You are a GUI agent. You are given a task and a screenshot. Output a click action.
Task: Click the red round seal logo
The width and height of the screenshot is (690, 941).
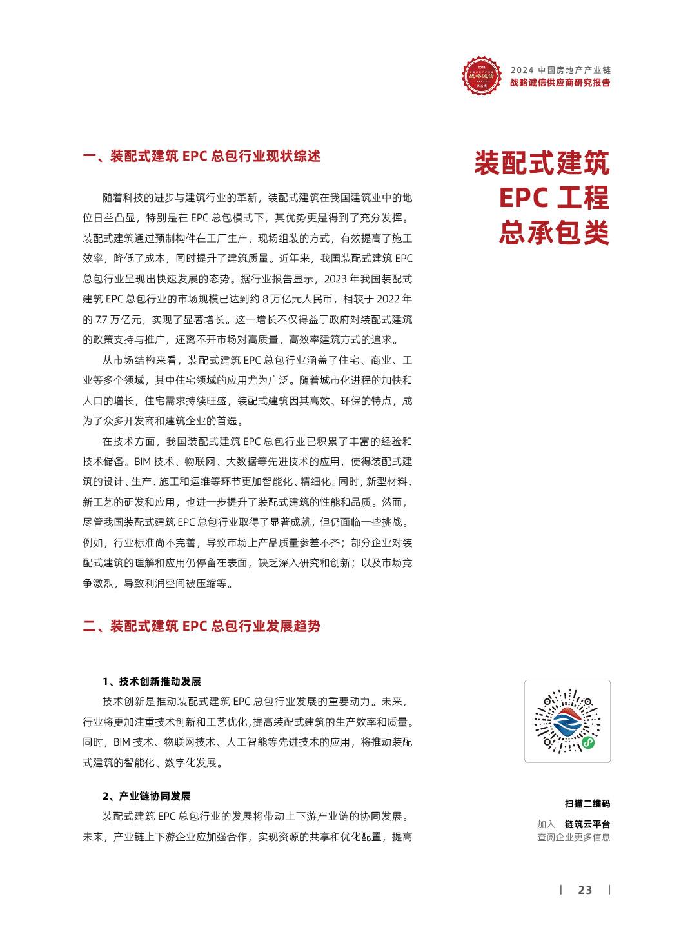(x=482, y=76)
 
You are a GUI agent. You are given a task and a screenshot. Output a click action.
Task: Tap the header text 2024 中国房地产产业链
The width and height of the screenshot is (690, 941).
(x=560, y=70)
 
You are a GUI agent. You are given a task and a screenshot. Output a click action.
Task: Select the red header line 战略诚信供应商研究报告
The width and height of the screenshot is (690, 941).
(x=560, y=83)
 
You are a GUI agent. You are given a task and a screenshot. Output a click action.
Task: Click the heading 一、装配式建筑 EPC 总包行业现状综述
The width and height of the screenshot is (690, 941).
(x=202, y=156)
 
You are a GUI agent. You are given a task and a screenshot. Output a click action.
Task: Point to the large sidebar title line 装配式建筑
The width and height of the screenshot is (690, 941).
(x=542, y=163)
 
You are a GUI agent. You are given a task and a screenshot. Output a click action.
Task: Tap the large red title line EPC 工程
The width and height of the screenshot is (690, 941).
(x=553, y=198)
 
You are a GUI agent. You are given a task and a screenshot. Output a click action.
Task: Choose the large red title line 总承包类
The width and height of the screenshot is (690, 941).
(x=553, y=232)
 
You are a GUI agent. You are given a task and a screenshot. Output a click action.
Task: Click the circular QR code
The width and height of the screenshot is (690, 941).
(x=567, y=721)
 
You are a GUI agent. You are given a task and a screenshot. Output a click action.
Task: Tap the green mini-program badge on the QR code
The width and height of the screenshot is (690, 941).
(x=588, y=742)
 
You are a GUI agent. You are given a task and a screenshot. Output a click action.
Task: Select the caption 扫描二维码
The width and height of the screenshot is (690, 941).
(x=587, y=804)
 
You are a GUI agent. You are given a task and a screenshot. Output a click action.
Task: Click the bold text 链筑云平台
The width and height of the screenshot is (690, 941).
(x=587, y=824)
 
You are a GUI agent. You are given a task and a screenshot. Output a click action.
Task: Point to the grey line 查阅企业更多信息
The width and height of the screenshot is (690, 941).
(x=573, y=837)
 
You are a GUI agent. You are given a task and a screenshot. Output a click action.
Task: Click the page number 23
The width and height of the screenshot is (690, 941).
(x=585, y=890)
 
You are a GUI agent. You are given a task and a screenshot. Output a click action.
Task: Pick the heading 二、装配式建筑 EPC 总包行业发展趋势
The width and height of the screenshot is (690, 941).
(x=202, y=626)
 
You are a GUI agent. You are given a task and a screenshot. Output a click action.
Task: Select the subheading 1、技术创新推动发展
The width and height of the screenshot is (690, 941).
(x=152, y=682)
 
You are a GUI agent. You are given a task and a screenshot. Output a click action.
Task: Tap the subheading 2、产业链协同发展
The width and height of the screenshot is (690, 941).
(x=146, y=797)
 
